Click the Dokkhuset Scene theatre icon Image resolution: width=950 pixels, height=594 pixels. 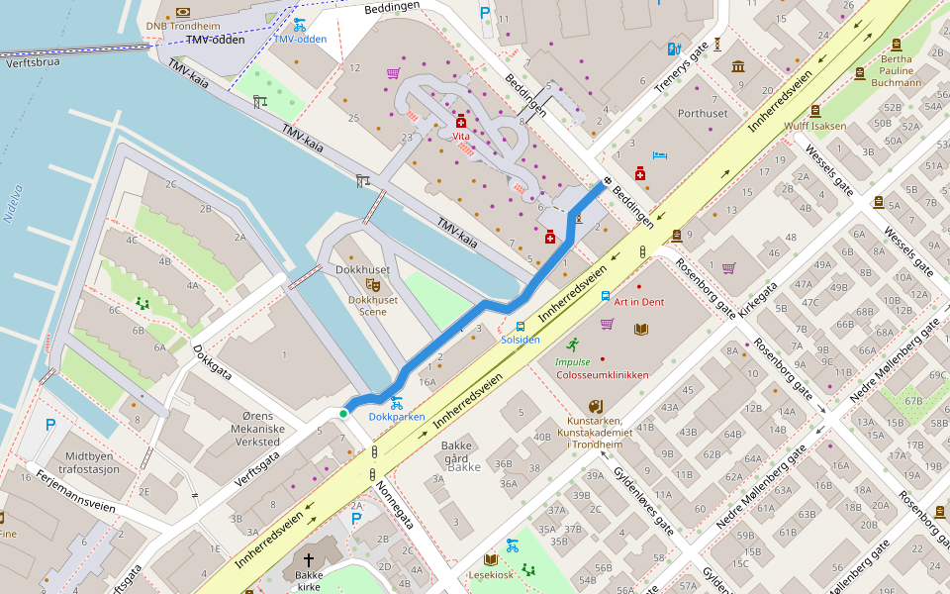(x=372, y=285)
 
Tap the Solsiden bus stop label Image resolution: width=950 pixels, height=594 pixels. (x=521, y=340)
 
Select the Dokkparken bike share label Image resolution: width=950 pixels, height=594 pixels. (x=396, y=417)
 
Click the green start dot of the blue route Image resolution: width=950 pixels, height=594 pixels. (x=343, y=413)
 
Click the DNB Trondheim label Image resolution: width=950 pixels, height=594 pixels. (x=183, y=27)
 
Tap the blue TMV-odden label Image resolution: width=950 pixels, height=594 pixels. (x=300, y=40)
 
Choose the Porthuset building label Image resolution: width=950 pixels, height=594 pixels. (x=703, y=113)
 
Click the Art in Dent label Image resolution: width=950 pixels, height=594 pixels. (x=638, y=301)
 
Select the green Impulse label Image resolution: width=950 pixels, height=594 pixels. (x=572, y=362)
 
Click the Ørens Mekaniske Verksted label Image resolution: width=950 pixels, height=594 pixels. (x=249, y=429)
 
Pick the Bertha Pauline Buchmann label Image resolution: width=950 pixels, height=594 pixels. (x=896, y=70)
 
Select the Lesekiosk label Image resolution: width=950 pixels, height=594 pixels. (x=491, y=574)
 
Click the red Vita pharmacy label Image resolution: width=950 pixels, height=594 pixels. (x=460, y=135)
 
